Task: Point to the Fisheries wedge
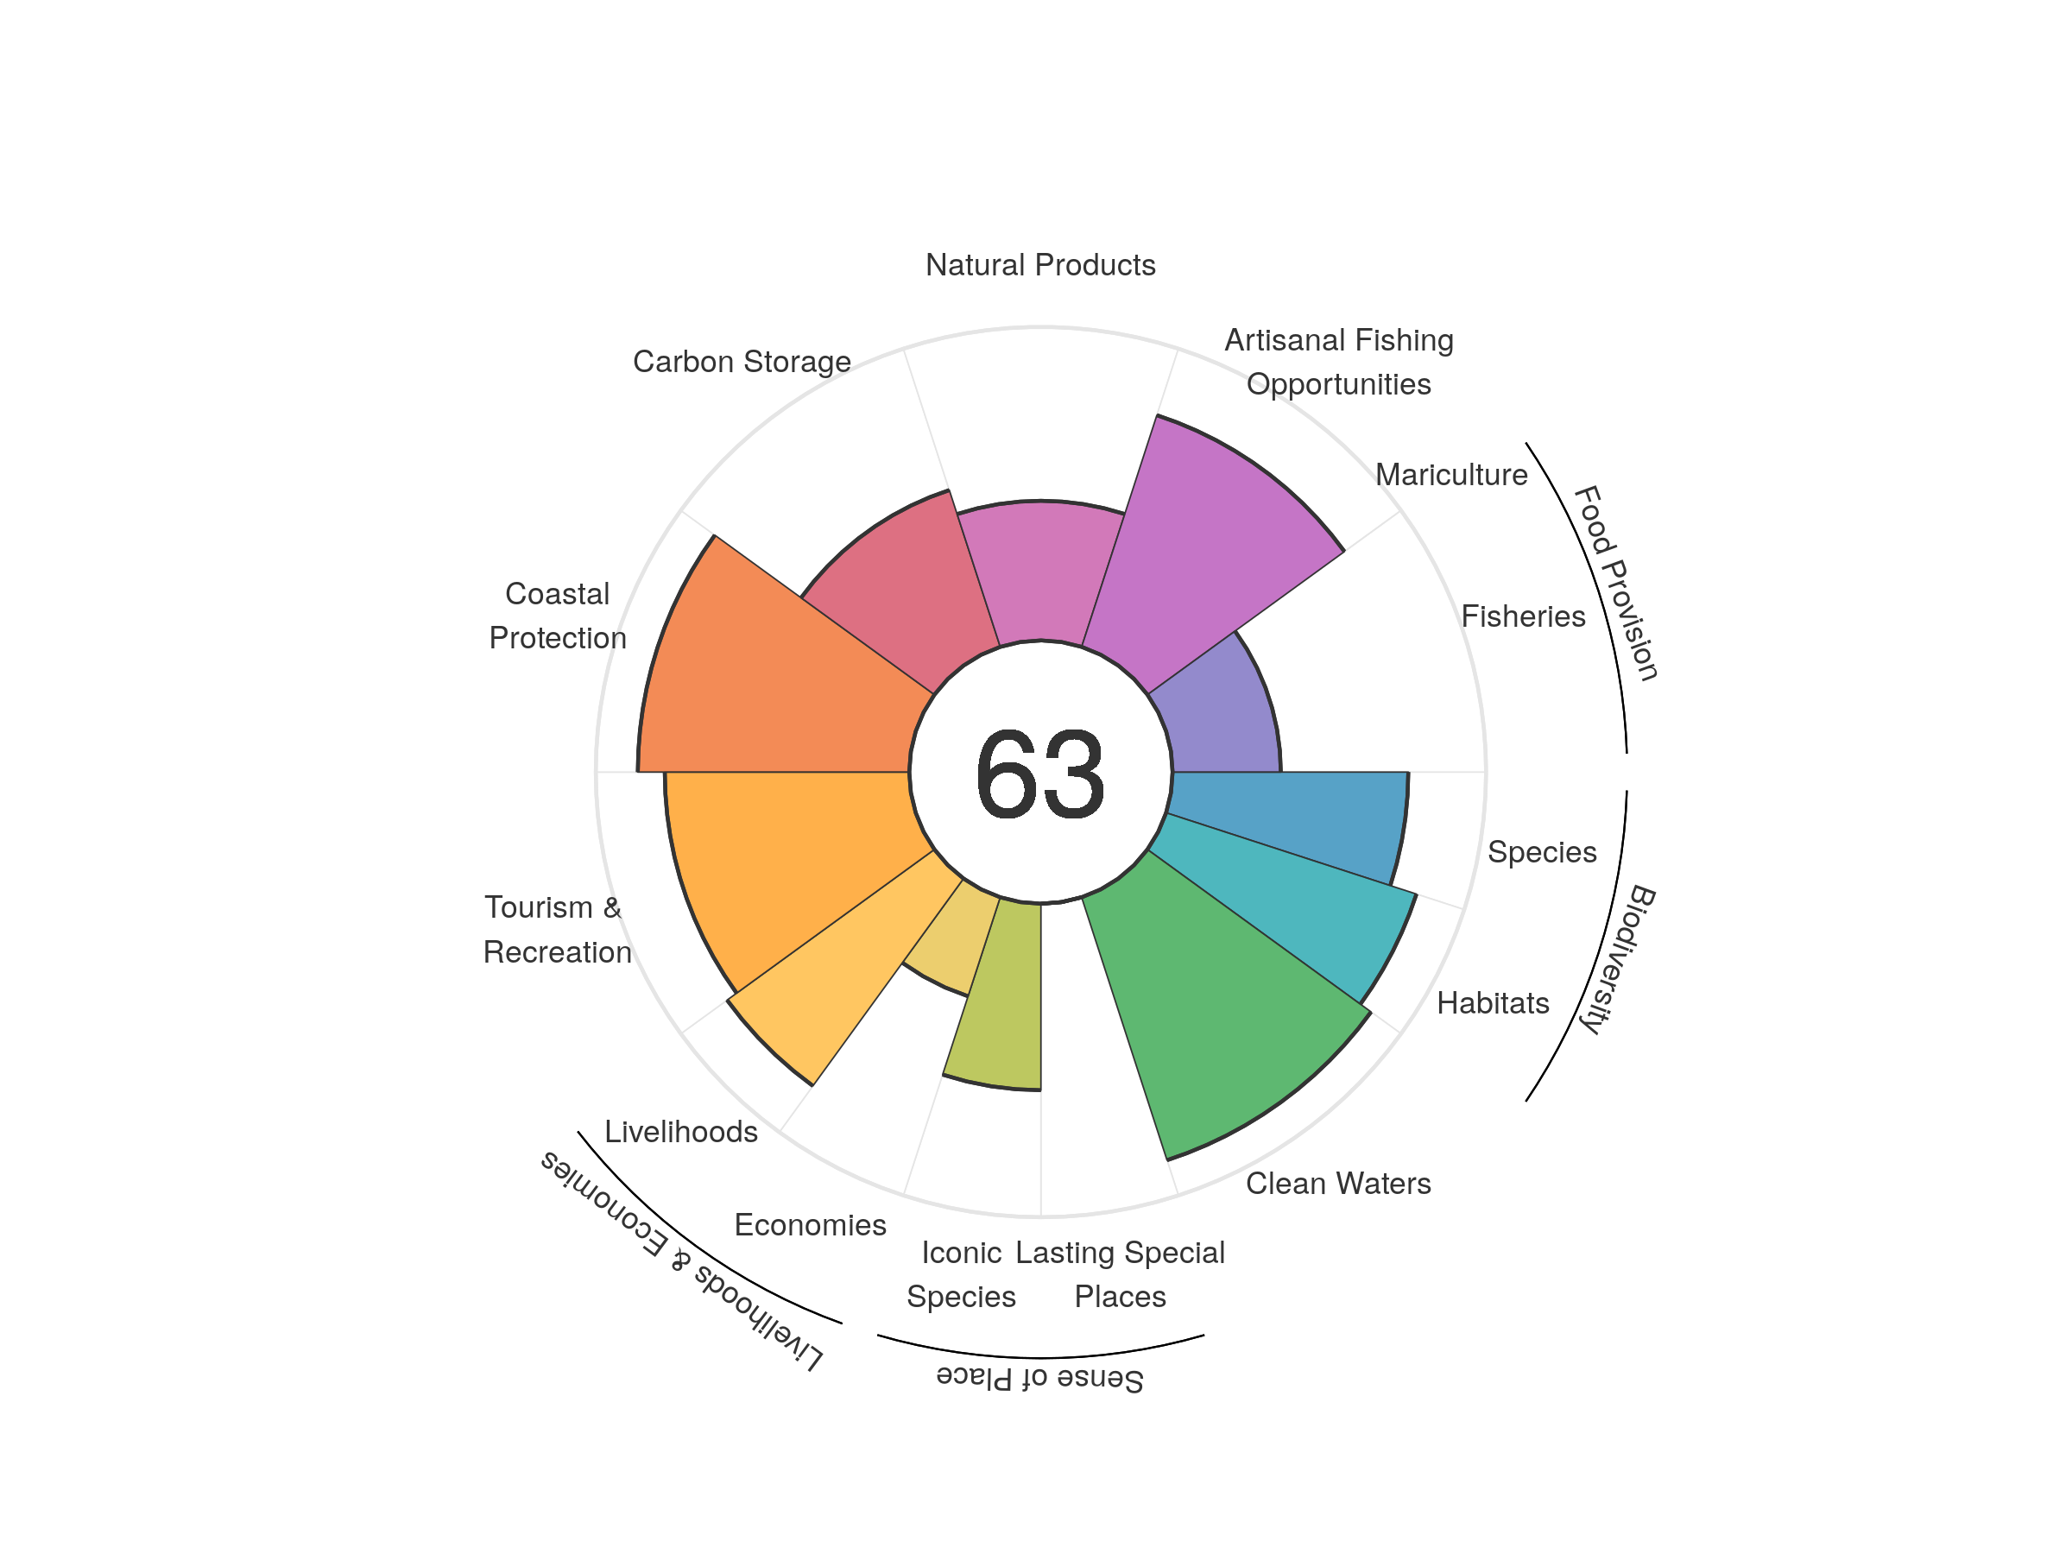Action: [1217, 721]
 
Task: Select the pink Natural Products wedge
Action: [1039, 572]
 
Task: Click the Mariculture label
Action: [1451, 475]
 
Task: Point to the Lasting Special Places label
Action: [1120, 1274]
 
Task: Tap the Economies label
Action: [811, 1224]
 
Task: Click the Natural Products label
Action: [1039, 265]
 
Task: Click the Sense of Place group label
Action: [1039, 1378]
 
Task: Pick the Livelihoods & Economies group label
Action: [682, 1260]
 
